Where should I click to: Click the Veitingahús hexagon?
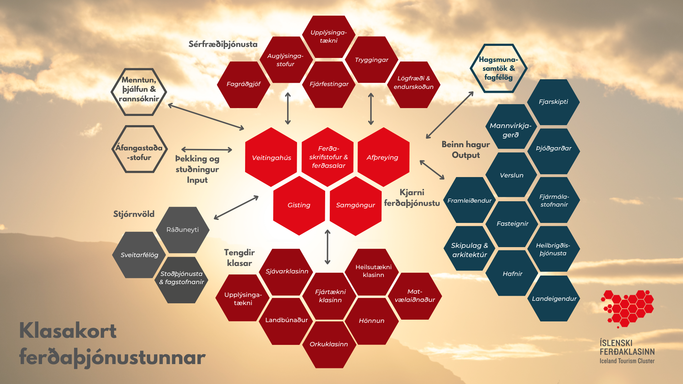[271, 157]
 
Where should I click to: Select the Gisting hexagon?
[299, 205]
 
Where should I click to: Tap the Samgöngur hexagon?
[355, 205]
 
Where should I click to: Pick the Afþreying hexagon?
[383, 157]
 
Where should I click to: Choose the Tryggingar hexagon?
[371, 60]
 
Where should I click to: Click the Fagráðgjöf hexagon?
[244, 84]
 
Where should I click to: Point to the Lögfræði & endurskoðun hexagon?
[413, 83]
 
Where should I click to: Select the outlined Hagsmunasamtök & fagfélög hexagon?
[498, 68]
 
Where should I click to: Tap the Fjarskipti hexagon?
[553, 102]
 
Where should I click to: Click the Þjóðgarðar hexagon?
[554, 149]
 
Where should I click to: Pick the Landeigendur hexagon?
[554, 299]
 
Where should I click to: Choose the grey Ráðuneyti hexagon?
[182, 230]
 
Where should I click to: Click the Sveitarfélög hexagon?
[139, 255]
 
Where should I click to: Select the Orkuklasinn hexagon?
[329, 344]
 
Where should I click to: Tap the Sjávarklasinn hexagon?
[287, 271]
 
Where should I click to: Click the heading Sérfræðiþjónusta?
[223, 44]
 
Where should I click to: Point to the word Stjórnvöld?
[134, 214]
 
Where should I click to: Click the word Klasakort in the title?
[68, 331]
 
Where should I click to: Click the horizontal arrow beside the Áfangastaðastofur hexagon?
[207, 150]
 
